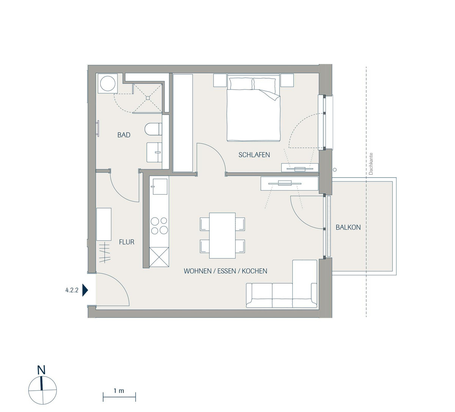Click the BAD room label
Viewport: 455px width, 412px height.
(x=124, y=135)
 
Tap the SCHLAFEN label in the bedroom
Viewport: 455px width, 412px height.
(x=254, y=155)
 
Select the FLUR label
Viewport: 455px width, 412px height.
(x=127, y=242)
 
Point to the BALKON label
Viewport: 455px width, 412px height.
(x=348, y=227)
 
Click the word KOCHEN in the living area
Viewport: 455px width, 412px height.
(x=254, y=271)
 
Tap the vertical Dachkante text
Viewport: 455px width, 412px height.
(x=371, y=164)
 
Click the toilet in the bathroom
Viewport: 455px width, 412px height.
(x=154, y=129)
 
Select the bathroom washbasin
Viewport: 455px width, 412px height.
(x=154, y=152)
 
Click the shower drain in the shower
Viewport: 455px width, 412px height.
(x=148, y=98)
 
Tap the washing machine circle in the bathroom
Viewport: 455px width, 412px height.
(x=108, y=83)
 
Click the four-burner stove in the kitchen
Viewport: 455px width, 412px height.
(x=159, y=226)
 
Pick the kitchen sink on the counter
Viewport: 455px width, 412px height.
(x=160, y=186)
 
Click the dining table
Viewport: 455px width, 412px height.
(x=222, y=235)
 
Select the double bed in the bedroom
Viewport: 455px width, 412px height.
(x=254, y=110)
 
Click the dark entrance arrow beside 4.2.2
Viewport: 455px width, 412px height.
(x=85, y=290)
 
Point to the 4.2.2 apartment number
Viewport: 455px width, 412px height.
(x=72, y=290)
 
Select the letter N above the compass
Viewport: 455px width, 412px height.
(x=41, y=370)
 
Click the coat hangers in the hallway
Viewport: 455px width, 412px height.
(x=105, y=253)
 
